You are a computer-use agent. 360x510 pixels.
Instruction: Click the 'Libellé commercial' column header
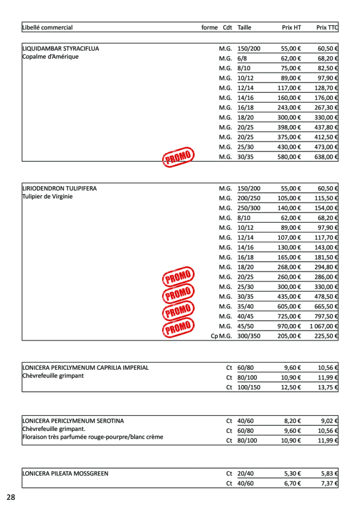tap(47, 28)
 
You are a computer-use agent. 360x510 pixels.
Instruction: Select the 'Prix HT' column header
tap(291, 28)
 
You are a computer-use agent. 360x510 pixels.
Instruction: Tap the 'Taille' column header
tap(245, 28)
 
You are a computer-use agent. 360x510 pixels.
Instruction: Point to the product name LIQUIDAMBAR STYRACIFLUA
tap(61, 49)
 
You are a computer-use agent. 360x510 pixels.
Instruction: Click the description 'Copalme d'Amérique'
tap(50, 57)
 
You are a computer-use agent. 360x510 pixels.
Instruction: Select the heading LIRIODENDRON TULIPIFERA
tap(60, 189)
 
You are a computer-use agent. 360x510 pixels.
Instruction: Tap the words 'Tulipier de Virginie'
tap(48, 197)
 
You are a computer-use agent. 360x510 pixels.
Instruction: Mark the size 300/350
tap(249, 336)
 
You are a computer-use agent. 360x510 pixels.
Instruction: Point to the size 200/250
tap(249, 198)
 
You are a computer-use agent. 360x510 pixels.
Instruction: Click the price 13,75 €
tap(328, 387)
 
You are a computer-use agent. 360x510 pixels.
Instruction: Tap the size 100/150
tap(249, 387)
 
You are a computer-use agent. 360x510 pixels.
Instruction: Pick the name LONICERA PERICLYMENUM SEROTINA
tap(73, 421)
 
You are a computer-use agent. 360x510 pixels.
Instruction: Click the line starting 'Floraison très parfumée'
tap(93, 437)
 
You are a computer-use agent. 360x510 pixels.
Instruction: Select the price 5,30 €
tap(292, 474)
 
